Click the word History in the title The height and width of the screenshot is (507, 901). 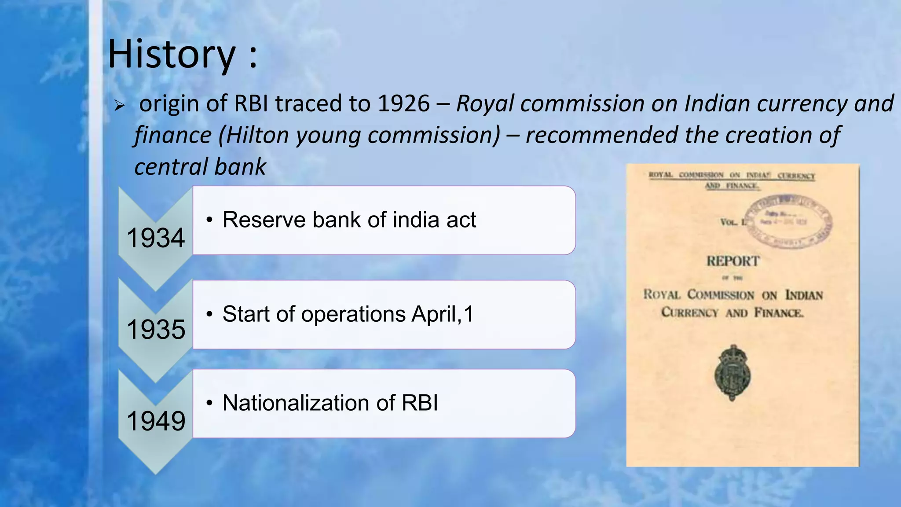tap(172, 54)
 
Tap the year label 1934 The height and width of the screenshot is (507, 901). tap(156, 238)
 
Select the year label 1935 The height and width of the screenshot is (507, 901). tap(156, 329)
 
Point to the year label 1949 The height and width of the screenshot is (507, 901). tap(156, 421)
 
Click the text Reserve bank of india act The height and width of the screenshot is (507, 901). tap(349, 220)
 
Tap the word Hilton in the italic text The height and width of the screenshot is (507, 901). tap(256, 135)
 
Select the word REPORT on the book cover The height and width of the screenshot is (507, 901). tap(733, 261)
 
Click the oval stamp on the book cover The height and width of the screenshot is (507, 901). tap(790, 221)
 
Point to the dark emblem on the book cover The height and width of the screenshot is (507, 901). tap(732, 372)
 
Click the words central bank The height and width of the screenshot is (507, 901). tap(200, 167)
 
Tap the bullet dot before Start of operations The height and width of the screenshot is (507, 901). tap(210, 315)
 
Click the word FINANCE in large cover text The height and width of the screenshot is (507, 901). tap(779, 313)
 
